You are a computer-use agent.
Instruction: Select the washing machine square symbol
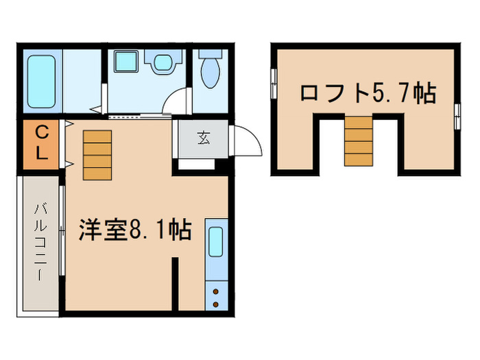point(126,64)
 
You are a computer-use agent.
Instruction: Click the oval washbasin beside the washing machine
point(163,64)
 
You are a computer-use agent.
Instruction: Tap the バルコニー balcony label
point(41,240)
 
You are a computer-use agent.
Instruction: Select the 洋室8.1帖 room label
point(133,230)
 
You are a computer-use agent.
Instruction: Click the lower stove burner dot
point(216,302)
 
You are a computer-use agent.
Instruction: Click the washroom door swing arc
point(177,103)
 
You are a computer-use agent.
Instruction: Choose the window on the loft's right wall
point(457,114)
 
